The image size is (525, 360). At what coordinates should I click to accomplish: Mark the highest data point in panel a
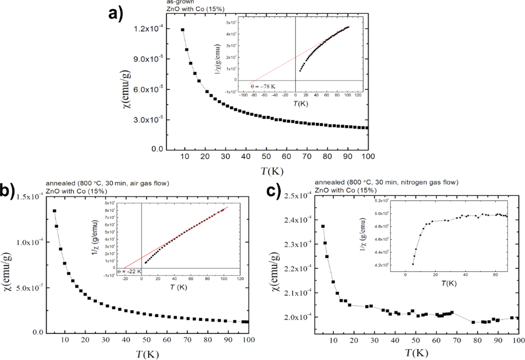coord(183,30)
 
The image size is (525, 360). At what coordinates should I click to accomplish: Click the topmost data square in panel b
coord(54,211)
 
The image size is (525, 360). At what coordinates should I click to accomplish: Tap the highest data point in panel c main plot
coord(323,226)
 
